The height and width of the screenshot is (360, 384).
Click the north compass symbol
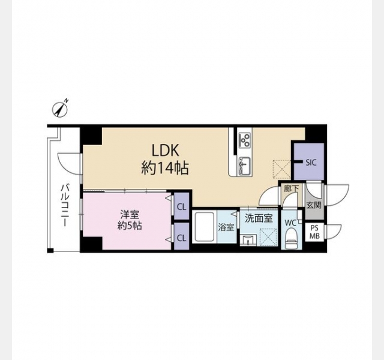60,109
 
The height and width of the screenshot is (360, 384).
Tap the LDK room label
166,150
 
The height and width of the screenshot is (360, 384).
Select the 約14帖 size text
165,169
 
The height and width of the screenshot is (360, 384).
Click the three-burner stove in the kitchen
245,140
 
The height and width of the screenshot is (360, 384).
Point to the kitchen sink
245,166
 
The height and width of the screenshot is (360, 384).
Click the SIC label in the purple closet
311,163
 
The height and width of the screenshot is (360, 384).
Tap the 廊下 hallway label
291,189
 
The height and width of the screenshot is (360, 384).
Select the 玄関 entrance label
314,205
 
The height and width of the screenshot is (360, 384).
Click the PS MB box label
314,232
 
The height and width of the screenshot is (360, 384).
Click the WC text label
290,223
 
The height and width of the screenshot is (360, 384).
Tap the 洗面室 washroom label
259,218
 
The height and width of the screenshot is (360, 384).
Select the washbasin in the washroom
248,239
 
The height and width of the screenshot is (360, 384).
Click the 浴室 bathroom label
226,227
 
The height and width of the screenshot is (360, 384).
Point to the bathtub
205,227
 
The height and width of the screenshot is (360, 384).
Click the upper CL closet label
181,207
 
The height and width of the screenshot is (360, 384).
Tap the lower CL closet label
181,238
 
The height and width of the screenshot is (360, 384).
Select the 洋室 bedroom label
130,215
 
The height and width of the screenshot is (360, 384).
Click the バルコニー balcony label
65,205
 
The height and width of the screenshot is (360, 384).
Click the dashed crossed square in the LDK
282,169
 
